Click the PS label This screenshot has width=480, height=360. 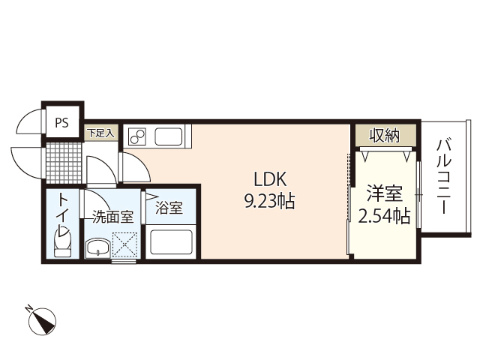click(x=61, y=123)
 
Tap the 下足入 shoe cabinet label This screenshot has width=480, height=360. click(x=100, y=133)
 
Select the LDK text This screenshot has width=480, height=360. click(x=270, y=179)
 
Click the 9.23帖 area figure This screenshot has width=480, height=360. click(x=269, y=202)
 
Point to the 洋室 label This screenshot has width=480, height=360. click(x=385, y=193)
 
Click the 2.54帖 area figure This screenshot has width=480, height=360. click(x=384, y=216)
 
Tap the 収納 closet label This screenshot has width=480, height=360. click(x=385, y=135)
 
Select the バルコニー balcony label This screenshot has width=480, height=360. click(x=443, y=177)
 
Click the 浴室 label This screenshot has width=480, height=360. click(x=169, y=208)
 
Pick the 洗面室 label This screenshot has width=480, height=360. click(x=113, y=217)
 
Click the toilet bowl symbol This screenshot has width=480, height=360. click(x=62, y=243)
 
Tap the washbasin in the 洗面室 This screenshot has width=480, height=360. click(x=98, y=247)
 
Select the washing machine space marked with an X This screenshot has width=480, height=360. click(x=124, y=244)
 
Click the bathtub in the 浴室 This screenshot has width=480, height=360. click(x=171, y=243)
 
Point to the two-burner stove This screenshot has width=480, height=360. click(x=137, y=136)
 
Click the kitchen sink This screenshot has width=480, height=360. click(x=169, y=136)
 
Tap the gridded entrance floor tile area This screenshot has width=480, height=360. click(x=64, y=163)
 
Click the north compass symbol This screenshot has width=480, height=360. click(x=42, y=321)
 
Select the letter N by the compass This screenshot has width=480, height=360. click(x=29, y=308)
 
